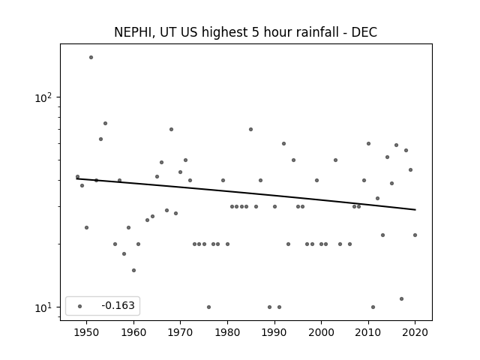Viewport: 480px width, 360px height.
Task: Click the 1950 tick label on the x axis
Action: (x=86, y=332)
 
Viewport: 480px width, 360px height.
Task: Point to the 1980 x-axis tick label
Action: (x=227, y=332)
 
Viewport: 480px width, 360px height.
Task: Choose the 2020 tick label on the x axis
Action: (x=415, y=332)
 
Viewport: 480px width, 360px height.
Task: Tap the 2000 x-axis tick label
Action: (x=321, y=332)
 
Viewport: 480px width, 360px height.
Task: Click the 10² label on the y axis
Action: (x=43, y=97)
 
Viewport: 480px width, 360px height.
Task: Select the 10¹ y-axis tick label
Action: (x=43, y=307)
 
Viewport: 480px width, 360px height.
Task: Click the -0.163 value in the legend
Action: (x=118, y=305)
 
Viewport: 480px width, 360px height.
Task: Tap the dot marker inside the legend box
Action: (x=80, y=306)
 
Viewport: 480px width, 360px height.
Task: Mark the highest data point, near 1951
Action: (x=91, y=57)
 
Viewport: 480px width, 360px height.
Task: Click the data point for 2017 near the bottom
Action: (x=402, y=298)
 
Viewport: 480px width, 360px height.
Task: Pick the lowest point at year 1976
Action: (x=208, y=307)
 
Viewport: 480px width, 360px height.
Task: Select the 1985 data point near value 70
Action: (x=250, y=129)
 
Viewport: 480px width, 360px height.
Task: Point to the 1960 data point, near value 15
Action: (x=133, y=270)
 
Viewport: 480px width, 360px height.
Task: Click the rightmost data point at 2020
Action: (x=415, y=235)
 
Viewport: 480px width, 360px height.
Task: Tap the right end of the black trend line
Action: (x=415, y=210)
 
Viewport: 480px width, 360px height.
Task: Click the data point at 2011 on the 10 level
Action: (x=373, y=307)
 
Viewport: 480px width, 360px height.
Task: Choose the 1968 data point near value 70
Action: (x=171, y=129)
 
